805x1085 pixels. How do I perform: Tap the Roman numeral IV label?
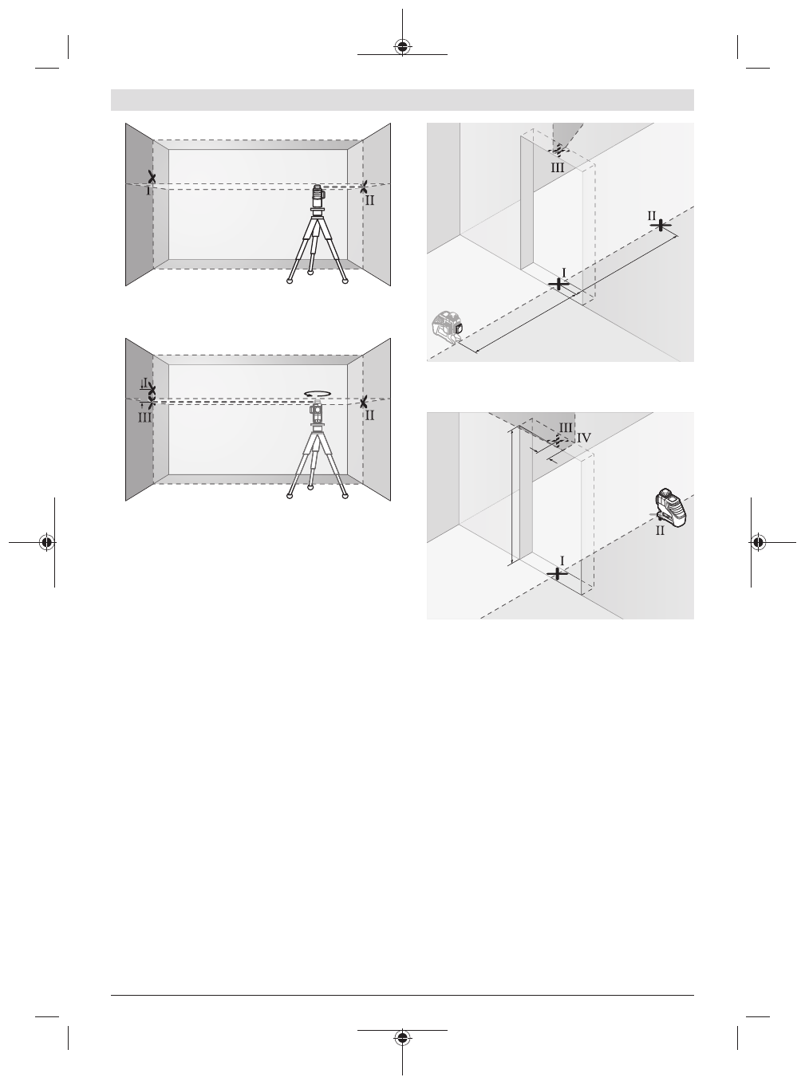[583, 437]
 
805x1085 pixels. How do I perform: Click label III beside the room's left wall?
[144, 416]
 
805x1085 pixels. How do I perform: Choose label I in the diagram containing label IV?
[562, 561]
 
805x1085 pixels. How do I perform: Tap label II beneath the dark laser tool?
[660, 531]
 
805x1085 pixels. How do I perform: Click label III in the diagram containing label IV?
[565, 427]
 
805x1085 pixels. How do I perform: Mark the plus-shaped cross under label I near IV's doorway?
[557, 573]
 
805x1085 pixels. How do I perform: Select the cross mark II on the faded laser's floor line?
[661, 226]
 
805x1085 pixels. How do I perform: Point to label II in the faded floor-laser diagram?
[652, 215]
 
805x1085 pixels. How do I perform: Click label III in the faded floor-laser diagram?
[557, 168]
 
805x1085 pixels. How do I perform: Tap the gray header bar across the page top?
[402, 100]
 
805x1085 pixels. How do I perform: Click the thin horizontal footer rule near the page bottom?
[402, 994]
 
